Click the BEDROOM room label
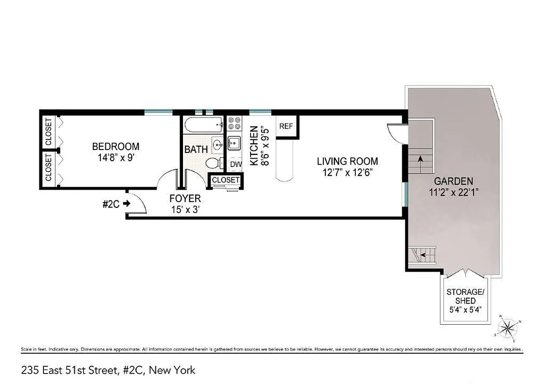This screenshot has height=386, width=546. (115, 146)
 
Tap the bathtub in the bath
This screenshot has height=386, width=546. (203, 125)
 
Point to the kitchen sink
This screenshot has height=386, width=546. (234, 143)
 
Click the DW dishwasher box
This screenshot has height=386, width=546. (235, 164)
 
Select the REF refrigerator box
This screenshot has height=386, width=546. (286, 126)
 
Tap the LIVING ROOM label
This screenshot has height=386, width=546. (347, 161)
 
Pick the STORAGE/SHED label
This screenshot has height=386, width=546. (464, 296)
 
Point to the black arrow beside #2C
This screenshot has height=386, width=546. (127, 204)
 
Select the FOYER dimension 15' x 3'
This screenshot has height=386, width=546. (185, 210)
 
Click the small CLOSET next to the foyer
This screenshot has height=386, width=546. (225, 180)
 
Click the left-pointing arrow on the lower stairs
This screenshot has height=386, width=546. (423, 254)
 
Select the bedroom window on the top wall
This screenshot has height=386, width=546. (158, 112)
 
